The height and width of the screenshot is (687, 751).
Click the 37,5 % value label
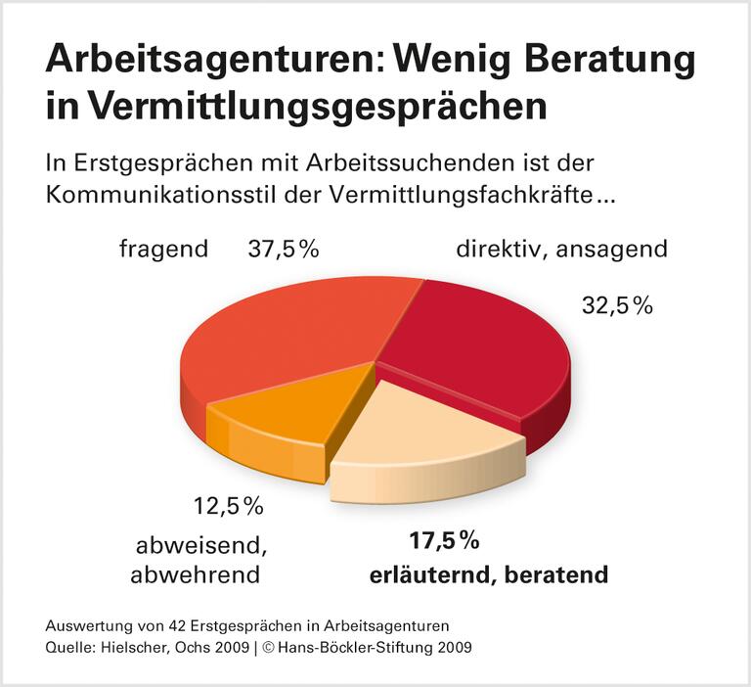[284, 249]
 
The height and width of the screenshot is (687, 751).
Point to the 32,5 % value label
[617, 305]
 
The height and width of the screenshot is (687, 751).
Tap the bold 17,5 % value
[444, 540]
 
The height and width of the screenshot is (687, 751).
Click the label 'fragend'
[163, 249]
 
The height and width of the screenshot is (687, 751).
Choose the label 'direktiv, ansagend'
[561, 249]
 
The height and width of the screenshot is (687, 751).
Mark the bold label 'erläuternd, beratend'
[489, 573]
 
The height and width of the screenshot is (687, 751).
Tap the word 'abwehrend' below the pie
[196, 574]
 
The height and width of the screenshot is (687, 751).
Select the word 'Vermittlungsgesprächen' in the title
[323, 106]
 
